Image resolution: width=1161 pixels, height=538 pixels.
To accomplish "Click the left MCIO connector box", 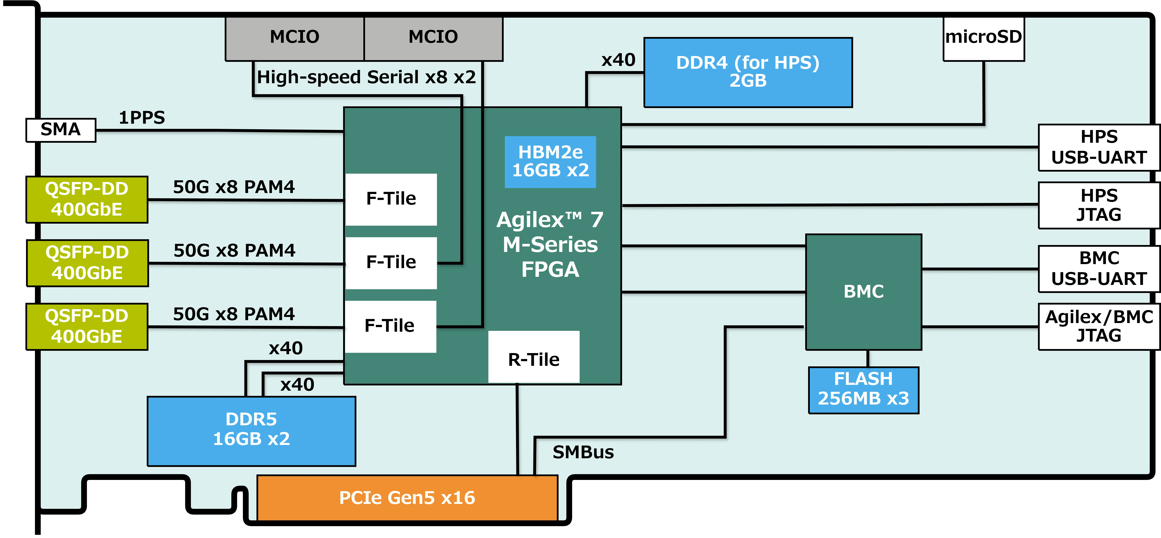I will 294,38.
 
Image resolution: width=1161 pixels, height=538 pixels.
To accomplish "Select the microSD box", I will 983,38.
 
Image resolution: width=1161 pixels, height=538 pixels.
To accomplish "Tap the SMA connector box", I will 61,130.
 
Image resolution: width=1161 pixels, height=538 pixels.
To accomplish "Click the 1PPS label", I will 142,118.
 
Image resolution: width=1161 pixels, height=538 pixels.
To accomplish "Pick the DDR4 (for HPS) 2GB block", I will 748,72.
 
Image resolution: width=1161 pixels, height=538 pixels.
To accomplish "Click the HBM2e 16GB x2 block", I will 550,162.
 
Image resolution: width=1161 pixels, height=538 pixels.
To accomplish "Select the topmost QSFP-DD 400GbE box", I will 87,199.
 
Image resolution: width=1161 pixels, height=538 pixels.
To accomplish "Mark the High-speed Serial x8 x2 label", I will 366,77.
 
